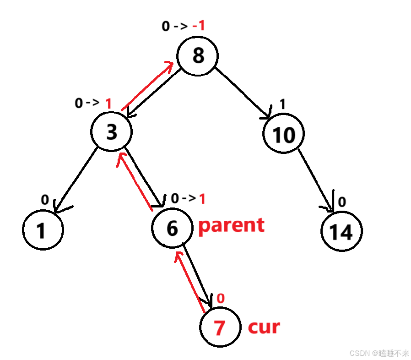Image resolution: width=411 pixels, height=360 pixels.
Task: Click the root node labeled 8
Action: click(198, 56)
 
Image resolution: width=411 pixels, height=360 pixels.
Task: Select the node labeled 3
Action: click(111, 132)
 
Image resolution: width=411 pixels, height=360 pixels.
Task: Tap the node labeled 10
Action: click(283, 135)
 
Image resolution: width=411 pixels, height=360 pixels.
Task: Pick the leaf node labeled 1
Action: click(42, 230)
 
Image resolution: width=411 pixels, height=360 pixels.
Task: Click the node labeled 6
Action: click(172, 228)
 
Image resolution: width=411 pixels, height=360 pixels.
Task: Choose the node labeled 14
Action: click(341, 231)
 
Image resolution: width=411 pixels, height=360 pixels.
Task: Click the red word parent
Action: click(231, 225)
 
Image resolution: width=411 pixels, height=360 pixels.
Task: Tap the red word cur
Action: click(264, 327)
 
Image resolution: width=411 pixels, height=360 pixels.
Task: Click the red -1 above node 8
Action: click(198, 26)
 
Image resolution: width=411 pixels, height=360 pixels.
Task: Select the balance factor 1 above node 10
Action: click(282, 105)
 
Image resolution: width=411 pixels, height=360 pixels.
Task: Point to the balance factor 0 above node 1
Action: click(45, 199)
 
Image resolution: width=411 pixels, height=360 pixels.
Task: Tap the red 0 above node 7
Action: click(220, 299)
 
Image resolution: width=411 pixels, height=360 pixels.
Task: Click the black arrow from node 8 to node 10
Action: click(242, 93)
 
